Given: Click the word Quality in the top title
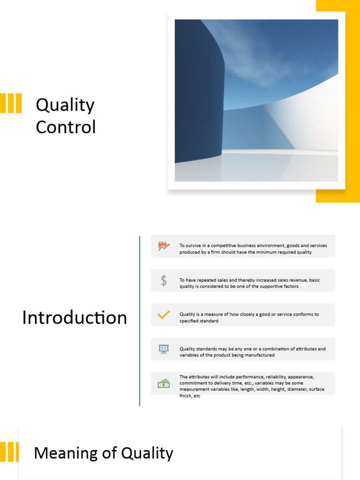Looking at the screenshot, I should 65,105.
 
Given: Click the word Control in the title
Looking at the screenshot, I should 66,127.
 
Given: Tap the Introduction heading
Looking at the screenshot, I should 75,317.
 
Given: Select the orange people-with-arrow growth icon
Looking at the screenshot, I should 163,246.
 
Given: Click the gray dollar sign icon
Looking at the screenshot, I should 163,280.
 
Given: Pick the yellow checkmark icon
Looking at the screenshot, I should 163,315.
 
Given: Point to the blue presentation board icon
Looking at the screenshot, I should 163,349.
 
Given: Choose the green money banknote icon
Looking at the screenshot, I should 163,383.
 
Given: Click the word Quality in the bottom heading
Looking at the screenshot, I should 147,453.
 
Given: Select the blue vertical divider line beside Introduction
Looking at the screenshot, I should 140,321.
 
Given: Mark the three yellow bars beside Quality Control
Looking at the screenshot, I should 11,103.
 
